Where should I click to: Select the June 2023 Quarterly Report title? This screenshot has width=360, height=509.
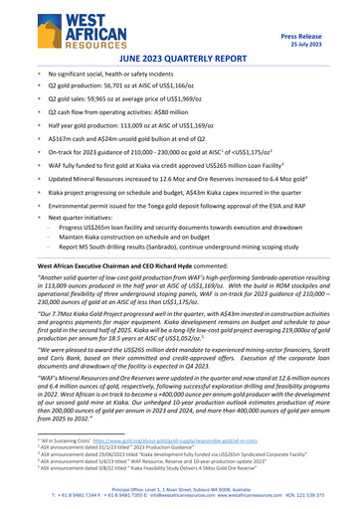pyautogui.click(x=179, y=60)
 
